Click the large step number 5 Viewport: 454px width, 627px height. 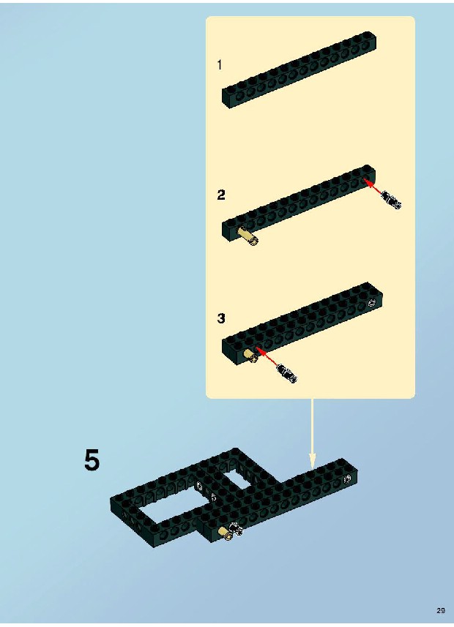pos(92,460)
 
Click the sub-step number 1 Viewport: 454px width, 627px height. pos(220,65)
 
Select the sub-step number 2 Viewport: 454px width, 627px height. pos(221,195)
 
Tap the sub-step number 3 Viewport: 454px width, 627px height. pos(221,318)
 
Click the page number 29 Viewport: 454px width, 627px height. pos(441,611)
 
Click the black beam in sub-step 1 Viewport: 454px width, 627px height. pos(299,70)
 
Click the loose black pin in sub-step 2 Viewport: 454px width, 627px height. pos(392,200)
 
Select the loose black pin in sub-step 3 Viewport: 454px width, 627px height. pos(286,372)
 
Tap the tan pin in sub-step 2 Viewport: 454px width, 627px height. pos(248,236)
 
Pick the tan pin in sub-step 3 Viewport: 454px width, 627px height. pos(251,356)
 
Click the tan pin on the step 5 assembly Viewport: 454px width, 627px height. pos(225,533)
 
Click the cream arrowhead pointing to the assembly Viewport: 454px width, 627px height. pos(312,461)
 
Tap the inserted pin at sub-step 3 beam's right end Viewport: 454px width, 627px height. pos(372,303)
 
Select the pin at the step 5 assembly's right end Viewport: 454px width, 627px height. pos(348,478)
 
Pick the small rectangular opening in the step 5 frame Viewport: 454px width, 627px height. pos(236,479)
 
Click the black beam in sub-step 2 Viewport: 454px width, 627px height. pos(299,203)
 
